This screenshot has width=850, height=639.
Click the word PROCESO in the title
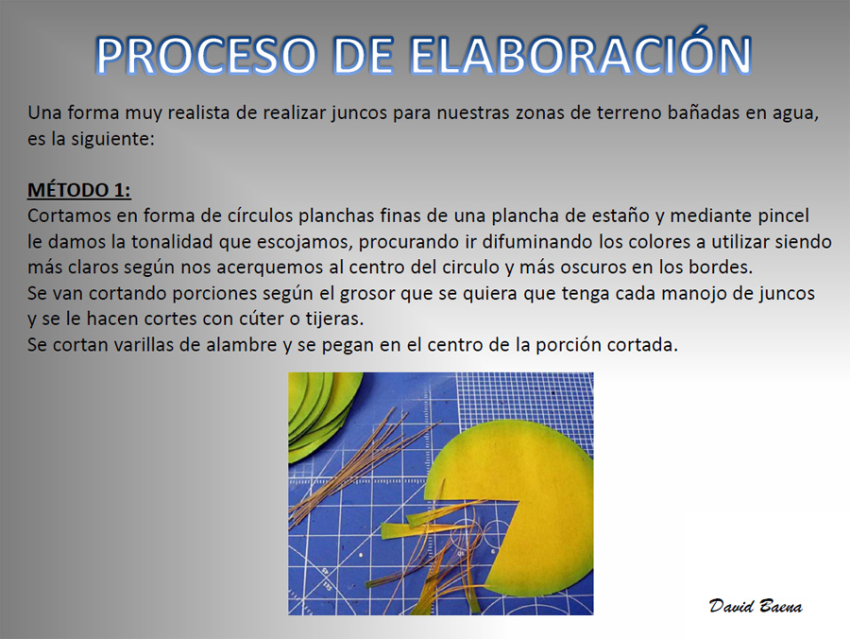(206, 56)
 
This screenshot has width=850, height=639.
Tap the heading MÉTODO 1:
(79, 190)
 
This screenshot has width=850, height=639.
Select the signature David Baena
(756, 606)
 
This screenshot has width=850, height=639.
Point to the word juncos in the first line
(359, 112)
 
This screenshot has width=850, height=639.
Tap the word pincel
(783, 216)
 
